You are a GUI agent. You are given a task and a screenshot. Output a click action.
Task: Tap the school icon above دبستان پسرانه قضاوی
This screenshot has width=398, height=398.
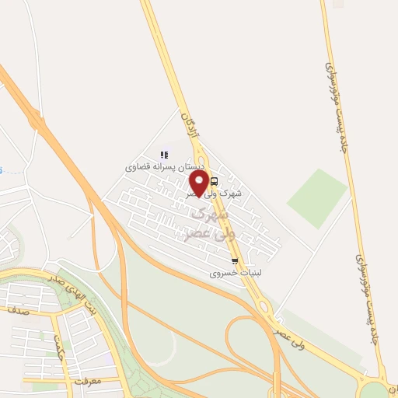[x=163, y=155]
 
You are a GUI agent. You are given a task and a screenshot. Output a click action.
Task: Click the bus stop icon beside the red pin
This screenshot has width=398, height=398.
[x=215, y=180]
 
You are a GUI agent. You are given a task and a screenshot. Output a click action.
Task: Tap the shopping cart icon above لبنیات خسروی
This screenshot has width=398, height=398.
[x=235, y=262]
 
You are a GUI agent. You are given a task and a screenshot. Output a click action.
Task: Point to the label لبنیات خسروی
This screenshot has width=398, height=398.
[x=232, y=274]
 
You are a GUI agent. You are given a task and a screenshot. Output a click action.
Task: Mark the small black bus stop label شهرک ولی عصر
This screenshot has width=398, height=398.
[x=233, y=192]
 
